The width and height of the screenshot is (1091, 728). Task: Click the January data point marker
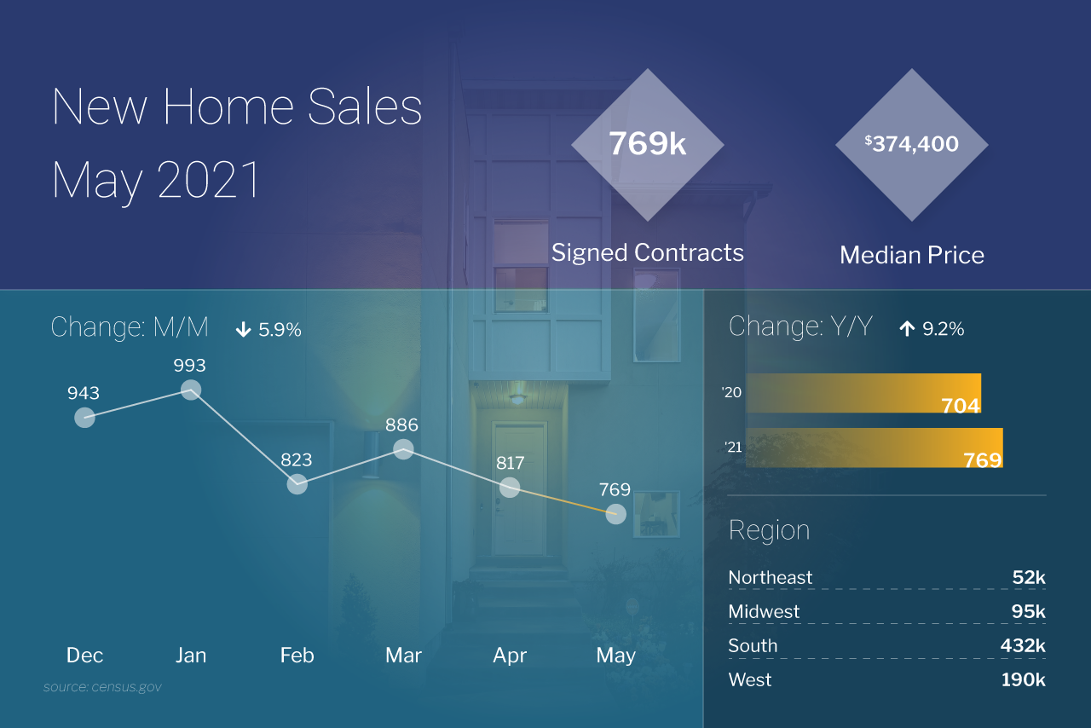coord(191,390)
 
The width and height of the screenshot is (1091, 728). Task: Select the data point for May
coord(616,514)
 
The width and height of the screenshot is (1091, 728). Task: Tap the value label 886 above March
coord(401,425)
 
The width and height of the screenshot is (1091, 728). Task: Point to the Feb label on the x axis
coord(297,655)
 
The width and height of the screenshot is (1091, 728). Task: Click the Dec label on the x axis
coord(84,655)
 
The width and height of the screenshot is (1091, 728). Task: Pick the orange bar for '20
coord(863,393)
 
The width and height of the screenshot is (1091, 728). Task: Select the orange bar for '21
coord(874,448)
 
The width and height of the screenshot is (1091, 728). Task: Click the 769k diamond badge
coord(648,145)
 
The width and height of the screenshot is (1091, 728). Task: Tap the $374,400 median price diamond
coord(912,145)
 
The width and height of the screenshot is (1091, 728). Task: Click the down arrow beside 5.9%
coord(243,330)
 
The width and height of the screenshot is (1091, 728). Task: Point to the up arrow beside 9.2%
coord(907,329)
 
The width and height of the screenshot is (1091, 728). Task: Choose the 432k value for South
coord(1022,645)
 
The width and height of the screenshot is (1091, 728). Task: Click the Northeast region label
coord(771,577)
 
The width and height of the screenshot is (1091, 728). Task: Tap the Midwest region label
coord(764,611)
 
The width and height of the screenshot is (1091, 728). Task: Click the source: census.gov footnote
coord(102,686)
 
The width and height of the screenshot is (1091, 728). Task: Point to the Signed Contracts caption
coord(648,252)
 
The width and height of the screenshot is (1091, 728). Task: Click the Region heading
coord(769,530)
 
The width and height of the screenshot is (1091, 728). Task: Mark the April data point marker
coord(510,487)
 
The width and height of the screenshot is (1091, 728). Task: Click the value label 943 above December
coord(84,393)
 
